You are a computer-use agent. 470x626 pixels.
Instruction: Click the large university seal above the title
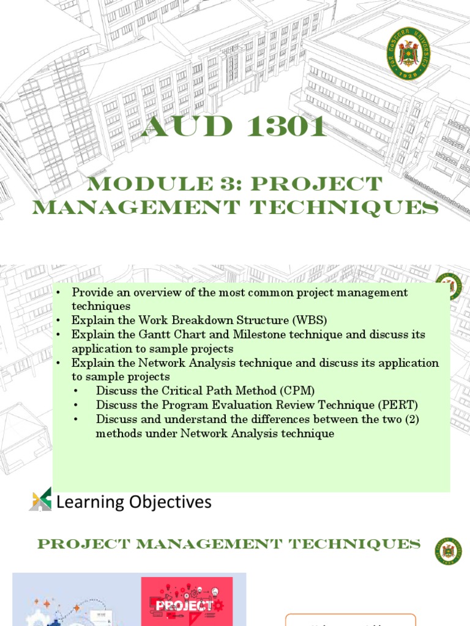tap(408, 54)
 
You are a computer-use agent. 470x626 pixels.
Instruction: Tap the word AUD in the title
tap(179, 128)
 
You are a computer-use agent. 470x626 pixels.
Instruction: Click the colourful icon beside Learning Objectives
tap(40, 499)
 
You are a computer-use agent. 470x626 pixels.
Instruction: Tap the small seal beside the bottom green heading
tap(448, 551)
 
